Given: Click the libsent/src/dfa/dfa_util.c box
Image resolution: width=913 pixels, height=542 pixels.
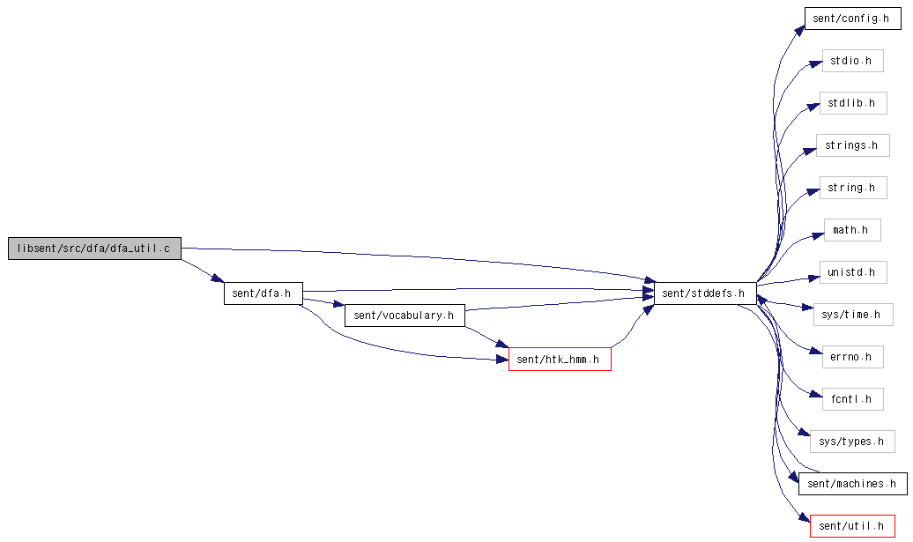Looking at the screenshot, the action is (94, 249).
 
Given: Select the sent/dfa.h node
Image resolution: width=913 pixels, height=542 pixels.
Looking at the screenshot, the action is (264, 293).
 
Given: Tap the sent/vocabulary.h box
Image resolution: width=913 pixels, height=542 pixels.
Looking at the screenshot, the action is (405, 316).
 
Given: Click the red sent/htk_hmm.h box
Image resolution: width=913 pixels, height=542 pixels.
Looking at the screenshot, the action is (560, 360).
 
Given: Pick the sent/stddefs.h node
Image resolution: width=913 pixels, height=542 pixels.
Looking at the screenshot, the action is (705, 293).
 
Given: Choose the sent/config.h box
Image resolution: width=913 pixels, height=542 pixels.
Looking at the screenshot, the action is (852, 19).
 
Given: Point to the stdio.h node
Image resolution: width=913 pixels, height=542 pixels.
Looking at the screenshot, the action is (852, 61).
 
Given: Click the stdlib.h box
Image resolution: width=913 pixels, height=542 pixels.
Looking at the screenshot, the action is (853, 103).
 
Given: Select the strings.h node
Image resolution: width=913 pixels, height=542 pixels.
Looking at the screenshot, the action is (852, 145).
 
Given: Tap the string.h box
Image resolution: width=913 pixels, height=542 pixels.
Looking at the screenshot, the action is (853, 188).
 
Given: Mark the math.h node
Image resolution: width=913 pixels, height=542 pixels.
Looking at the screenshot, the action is (852, 230).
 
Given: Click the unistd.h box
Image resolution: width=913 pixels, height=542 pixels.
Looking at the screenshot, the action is (853, 272).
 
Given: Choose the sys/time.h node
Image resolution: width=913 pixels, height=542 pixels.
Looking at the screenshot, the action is (853, 315).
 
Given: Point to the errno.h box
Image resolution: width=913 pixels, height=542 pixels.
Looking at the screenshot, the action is (852, 357).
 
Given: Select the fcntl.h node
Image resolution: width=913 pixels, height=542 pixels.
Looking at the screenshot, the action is (852, 399).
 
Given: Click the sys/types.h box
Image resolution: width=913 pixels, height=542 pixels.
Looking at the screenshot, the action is (852, 442).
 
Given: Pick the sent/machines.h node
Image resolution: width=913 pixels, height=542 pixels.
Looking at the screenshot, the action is (852, 484).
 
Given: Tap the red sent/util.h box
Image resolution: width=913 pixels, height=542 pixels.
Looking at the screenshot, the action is (852, 526).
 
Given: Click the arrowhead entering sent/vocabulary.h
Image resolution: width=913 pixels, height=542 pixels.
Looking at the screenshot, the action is (339, 304).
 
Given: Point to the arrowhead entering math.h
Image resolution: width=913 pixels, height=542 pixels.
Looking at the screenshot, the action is (818, 235).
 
